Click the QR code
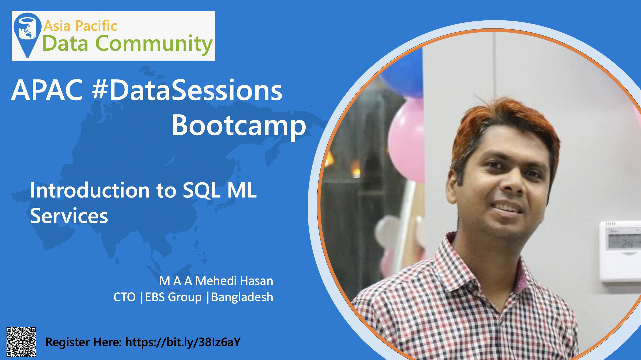tap(21, 342)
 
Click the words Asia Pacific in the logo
tap(80, 26)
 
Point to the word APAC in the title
tap(47, 90)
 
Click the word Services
tap(69, 216)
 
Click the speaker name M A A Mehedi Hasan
tap(216, 281)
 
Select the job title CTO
tap(124, 297)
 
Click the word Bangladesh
tap(242, 297)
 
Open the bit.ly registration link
tap(183, 342)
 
